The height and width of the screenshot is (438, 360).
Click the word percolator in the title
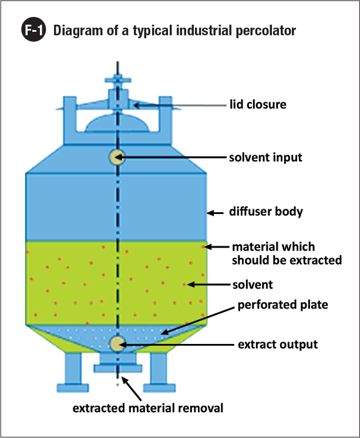click(x=261, y=30)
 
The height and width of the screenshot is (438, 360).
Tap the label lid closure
click(x=258, y=105)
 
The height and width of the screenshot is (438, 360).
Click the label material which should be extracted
click(x=287, y=253)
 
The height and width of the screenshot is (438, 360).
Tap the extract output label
click(x=277, y=345)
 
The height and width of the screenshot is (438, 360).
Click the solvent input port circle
click(x=116, y=157)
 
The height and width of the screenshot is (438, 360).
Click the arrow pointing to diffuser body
click(x=216, y=212)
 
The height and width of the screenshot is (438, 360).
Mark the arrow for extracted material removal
click(x=132, y=389)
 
